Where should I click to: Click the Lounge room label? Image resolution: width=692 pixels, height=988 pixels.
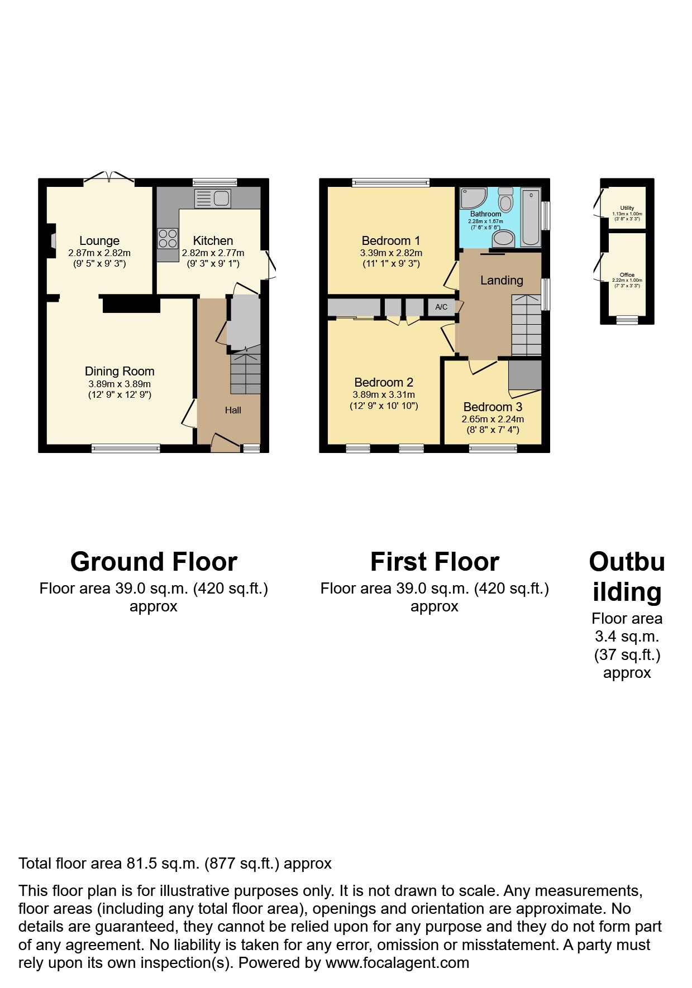[x=99, y=241]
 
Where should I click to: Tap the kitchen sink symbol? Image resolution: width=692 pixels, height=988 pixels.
[x=213, y=199]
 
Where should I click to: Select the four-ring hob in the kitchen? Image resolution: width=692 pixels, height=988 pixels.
[x=168, y=239]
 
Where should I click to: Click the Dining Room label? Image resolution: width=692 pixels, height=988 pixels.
[x=120, y=372]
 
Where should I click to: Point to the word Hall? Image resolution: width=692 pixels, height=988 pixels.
[x=233, y=411]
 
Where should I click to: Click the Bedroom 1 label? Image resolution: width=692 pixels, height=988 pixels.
[x=390, y=241]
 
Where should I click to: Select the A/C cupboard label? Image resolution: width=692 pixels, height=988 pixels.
[x=441, y=307]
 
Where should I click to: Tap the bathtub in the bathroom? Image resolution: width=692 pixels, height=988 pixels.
[x=531, y=217]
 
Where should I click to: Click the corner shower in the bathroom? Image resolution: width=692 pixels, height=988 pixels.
[x=472, y=198]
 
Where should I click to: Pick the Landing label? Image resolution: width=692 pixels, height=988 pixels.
[x=502, y=281]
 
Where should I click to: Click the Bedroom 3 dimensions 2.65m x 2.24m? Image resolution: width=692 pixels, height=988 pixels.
[x=493, y=419]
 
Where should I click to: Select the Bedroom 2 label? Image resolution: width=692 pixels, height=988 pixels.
[x=384, y=383]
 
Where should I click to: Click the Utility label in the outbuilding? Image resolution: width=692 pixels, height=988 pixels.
[x=627, y=208]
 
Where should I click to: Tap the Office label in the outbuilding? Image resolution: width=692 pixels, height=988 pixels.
[x=627, y=275]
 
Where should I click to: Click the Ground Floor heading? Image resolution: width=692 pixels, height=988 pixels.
[x=154, y=562]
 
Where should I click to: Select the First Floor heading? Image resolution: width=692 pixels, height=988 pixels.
[x=435, y=562]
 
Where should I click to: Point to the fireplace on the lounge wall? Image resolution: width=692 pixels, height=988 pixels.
[x=53, y=240]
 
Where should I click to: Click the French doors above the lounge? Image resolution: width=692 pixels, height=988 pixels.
[x=109, y=178]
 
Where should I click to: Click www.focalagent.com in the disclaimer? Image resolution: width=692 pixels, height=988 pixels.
[x=397, y=963]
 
